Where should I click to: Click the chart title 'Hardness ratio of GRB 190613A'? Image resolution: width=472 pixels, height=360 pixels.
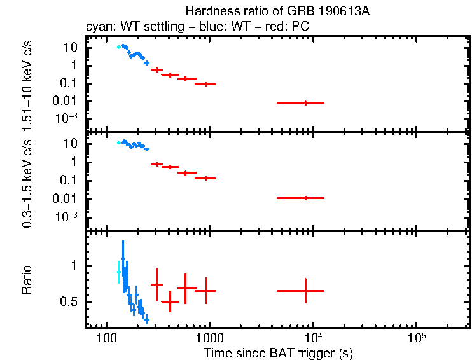[278, 11]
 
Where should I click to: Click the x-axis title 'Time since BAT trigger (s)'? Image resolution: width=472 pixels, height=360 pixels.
[278, 352]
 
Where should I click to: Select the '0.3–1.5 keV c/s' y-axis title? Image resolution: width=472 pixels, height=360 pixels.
[27, 180]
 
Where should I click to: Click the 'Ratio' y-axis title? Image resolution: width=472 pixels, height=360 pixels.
[27, 280]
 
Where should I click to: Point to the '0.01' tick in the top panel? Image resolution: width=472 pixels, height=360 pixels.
[67, 100]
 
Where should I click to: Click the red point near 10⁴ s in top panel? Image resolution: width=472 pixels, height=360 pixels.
[306, 102]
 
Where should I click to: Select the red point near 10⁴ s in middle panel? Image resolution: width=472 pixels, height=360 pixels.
[306, 198]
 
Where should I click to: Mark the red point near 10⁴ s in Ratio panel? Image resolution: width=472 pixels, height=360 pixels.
[306, 291]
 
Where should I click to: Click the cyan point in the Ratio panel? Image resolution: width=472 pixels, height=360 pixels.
[118, 272]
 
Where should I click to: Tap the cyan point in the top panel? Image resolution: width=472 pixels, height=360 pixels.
[119, 46]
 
